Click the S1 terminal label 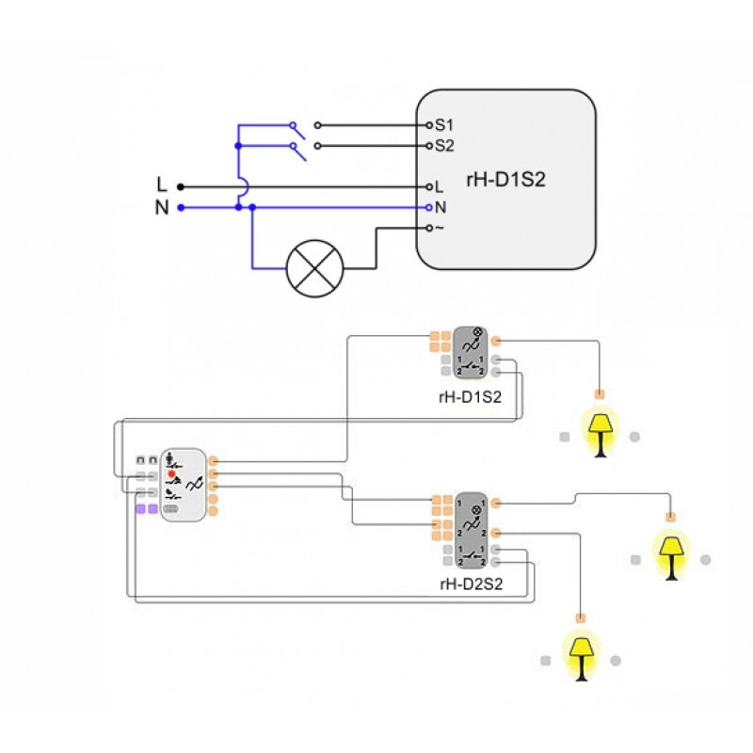click(443, 125)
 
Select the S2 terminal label click(443, 146)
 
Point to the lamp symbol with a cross click(314, 268)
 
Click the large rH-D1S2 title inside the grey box click(505, 180)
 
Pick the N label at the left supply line click(161, 208)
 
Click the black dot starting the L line click(181, 187)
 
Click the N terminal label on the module click(440, 207)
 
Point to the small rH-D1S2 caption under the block click(470, 396)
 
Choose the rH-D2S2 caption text click(471, 584)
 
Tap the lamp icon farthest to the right click(671, 555)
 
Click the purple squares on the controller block click(147, 508)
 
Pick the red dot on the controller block click(171, 473)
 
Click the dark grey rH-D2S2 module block click(470, 528)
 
